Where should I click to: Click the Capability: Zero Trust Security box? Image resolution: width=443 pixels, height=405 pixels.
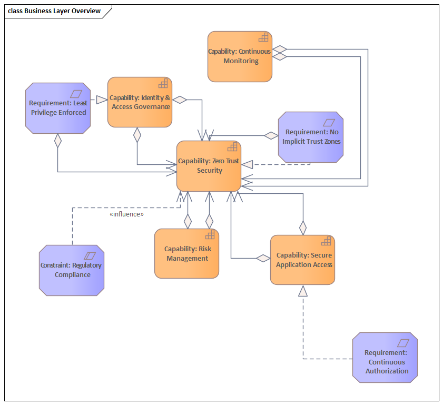pyautogui.click(x=209, y=166)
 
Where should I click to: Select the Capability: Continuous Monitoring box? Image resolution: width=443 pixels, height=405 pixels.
pyautogui.click(x=240, y=56)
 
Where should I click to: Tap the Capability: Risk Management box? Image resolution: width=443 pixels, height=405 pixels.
pyautogui.click(x=186, y=253)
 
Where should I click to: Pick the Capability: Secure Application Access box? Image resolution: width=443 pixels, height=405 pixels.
pyautogui.click(x=302, y=260)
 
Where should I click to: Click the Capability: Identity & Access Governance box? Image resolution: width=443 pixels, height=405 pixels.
pyautogui.click(x=140, y=102)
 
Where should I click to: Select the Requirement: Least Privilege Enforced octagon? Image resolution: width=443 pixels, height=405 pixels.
pyautogui.click(x=58, y=107)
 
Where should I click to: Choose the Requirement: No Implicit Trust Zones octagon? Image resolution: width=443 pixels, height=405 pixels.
pyautogui.click(x=311, y=136)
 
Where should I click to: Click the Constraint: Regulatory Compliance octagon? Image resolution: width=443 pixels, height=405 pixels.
pyautogui.click(x=72, y=270)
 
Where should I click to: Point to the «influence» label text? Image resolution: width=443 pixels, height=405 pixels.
pyautogui.click(x=126, y=214)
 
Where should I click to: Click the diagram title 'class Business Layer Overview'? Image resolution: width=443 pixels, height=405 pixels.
pyautogui.click(x=54, y=11)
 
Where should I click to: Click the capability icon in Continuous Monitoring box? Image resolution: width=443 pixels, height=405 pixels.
pyautogui.click(x=263, y=37)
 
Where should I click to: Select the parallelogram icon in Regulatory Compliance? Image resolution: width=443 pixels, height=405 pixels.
pyautogui.click(x=90, y=255)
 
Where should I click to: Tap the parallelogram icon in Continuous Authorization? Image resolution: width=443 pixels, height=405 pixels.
pyautogui.click(x=403, y=342)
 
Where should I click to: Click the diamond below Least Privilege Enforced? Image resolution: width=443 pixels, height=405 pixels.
pyautogui.click(x=58, y=141)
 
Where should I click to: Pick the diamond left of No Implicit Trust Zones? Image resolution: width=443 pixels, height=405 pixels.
pyautogui.click(x=271, y=135)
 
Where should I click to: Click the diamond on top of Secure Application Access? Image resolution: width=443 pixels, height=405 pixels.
pyautogui.click(x=303, y=228)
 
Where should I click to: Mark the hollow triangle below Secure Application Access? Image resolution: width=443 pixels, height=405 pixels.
pyautogui.click(x=302, y=291)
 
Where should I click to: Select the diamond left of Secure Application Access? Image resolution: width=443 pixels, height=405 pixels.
pyautogui.click(x=263, y=258)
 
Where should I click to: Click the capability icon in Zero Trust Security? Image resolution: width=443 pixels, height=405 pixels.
pyautogui.click(x=232, y=147)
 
